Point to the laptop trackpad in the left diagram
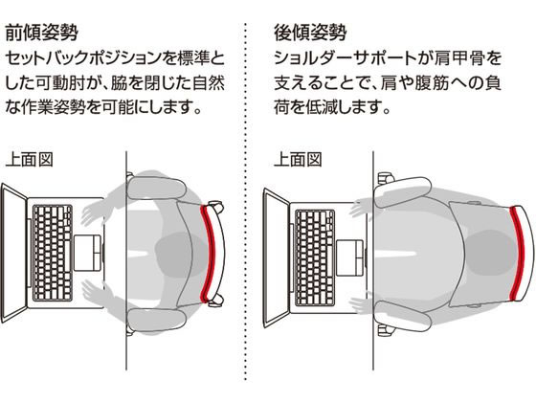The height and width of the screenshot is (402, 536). [x=88, y=253]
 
